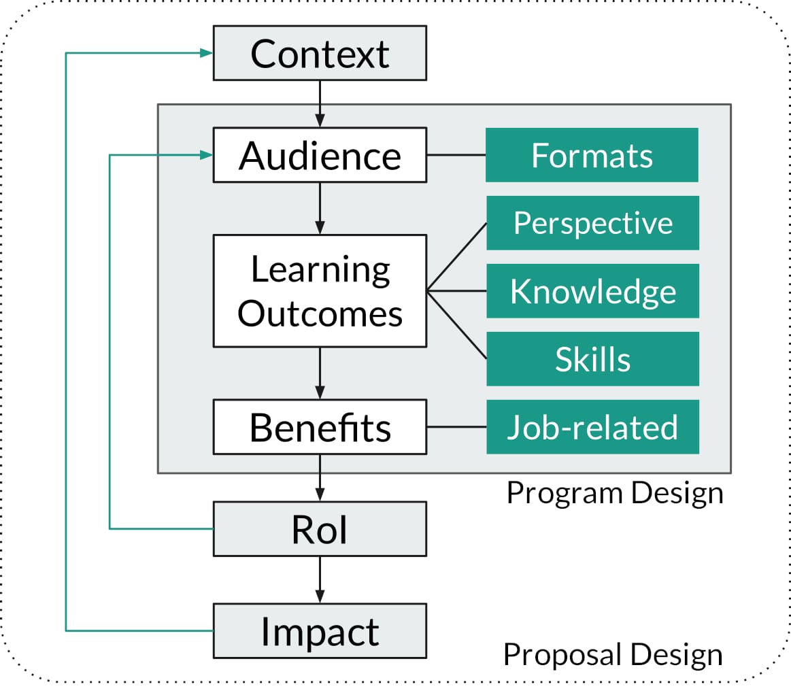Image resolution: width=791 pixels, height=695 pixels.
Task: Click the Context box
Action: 320,53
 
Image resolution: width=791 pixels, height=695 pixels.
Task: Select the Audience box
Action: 320,155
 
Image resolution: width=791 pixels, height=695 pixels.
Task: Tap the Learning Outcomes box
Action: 320,291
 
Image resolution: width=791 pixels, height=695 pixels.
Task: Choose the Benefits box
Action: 320,427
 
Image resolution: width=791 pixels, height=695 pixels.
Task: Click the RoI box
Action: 320,529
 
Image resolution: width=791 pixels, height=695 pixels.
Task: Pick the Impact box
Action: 320,631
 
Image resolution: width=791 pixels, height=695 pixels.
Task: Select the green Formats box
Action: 592,155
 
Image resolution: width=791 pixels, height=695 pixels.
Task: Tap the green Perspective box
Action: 592,223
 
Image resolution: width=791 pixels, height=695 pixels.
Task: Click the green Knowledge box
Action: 592,291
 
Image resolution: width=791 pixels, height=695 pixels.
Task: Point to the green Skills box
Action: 592,359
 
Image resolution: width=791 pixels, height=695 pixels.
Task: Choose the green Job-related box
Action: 592,427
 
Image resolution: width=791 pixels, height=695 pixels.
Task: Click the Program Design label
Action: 615,493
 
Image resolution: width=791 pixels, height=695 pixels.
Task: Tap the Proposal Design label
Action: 612,655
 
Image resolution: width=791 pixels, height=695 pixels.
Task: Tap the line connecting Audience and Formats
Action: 456,155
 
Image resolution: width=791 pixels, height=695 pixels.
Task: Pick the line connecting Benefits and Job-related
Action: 456,427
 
